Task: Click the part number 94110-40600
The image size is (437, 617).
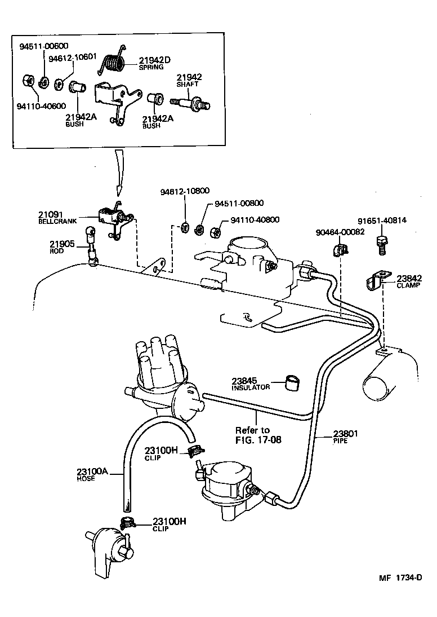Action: tap(42, 105)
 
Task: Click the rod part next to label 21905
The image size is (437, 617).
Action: tap(91, 244)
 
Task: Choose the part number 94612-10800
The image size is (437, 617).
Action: tap(184, 192)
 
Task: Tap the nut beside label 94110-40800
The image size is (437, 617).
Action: tap(215, 231)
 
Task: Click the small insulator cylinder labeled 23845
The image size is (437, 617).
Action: tap(291, 382)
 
